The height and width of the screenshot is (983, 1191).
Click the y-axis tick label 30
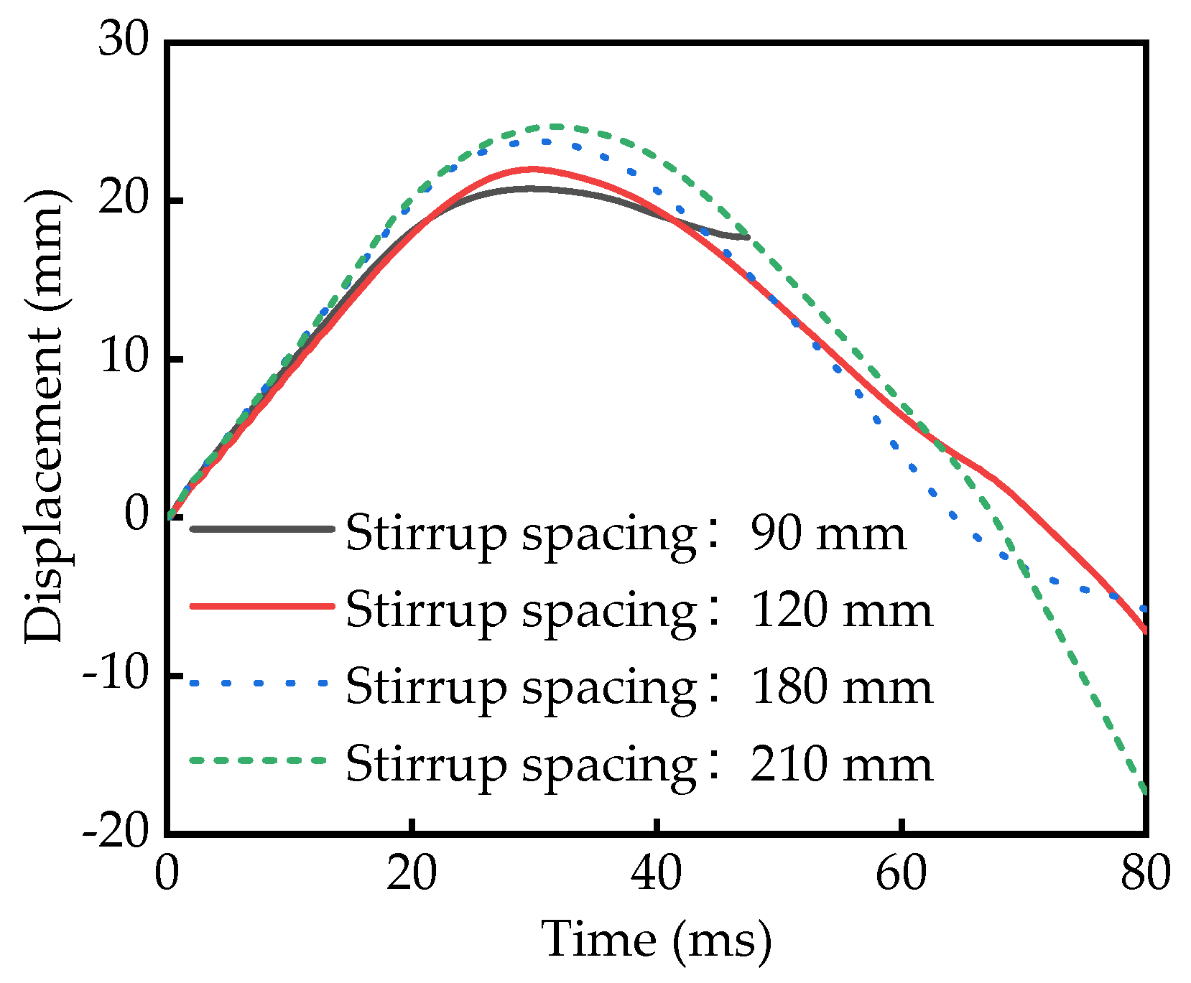click(124, 39)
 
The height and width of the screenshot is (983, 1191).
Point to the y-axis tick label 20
click(124, 199)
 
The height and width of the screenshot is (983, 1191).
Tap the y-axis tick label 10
click(124, 358)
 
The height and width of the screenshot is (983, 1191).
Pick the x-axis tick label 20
click(411, 875)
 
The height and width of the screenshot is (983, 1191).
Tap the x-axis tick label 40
click(656, 875)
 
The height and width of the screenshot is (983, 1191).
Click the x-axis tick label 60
click(901, 875)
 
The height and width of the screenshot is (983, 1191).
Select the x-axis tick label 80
click(1145, 875)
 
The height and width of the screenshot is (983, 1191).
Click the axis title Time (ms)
click(656, 939)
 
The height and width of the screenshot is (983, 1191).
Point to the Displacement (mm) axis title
click(45, 416)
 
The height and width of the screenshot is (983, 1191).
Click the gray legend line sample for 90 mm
click(262, 529)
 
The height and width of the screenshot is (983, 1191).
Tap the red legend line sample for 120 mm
click(262, 606)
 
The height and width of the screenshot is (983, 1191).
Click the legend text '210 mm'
click(840, 764)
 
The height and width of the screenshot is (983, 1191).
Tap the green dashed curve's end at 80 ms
click(1144, 792)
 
